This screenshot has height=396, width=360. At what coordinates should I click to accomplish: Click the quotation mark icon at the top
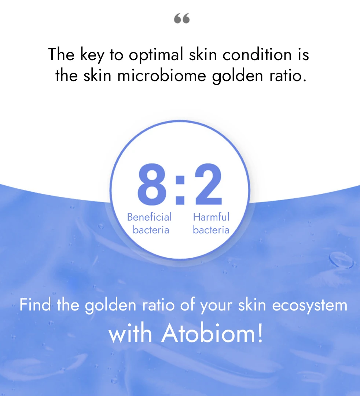tap(182, 18)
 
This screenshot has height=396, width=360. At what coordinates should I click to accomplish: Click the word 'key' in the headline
tap(87, 55)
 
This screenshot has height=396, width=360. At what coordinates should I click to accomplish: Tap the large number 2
tap(208, 185)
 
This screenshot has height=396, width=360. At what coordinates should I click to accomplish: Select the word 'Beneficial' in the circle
tap(149, 217)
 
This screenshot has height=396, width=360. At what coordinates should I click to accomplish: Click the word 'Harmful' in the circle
tap(211, 217)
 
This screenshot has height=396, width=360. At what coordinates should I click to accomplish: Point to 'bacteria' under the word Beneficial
tap(151, 230)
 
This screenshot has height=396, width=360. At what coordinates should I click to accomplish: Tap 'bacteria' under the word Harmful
tap(211, 230)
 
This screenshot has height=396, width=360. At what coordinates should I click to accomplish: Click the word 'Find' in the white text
tap(34, 305)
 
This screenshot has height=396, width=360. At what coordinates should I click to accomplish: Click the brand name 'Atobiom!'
tap(212, 333)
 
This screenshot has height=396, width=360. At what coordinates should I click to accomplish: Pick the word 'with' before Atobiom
tap(131, 333)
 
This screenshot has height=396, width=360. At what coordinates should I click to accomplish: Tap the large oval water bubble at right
tap(341, 259)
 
